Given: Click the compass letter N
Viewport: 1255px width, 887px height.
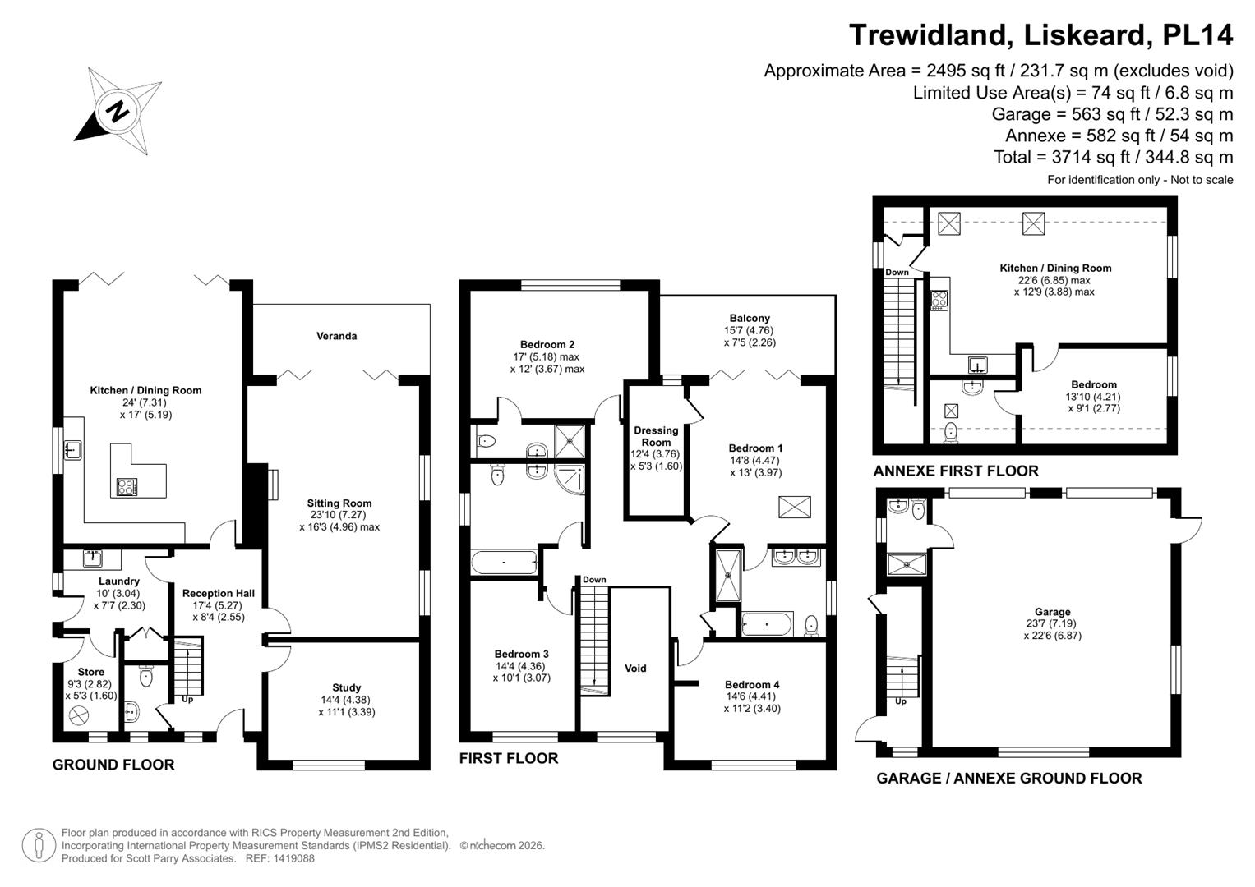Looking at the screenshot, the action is tap(118, 112).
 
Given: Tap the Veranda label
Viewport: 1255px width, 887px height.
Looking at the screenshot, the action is tap(337, 336).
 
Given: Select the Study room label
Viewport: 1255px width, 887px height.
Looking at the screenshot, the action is tap(346, 687).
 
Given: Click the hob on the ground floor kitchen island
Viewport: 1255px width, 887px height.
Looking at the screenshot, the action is tap(127, 487).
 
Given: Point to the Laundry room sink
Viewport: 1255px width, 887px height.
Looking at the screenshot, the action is tap(93, 558).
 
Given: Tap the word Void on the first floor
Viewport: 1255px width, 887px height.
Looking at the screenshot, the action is tap(635, 668).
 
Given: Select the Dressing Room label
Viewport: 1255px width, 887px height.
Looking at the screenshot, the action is tap(656, 436).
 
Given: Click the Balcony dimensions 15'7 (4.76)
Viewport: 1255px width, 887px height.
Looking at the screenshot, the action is tap(749, 330).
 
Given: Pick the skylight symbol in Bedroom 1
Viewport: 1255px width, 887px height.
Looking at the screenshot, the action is tap(795, 507).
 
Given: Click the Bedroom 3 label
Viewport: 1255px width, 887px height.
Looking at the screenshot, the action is tap(522, 654).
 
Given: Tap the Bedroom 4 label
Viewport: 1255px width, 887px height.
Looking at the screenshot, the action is tap(752, 684).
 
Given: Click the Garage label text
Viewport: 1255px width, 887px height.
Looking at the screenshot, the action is tap(1053, 612).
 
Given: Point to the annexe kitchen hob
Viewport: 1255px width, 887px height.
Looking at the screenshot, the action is tap(939, 300).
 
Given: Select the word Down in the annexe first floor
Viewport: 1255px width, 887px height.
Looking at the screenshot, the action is tap(897, 272).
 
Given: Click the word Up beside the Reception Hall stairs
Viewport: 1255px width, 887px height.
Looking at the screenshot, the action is tap(187, 700).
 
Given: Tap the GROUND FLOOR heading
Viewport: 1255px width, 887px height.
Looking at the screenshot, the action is tap(113, 765).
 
